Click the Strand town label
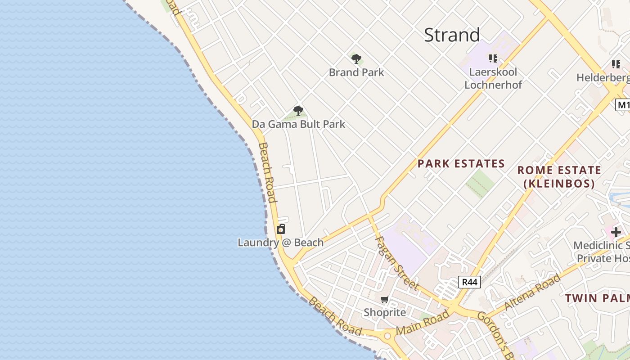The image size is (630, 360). coord(452,35)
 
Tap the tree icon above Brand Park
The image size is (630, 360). coord(356,58)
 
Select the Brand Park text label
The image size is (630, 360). coord(356,72)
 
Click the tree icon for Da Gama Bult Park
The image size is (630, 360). coord(298,111)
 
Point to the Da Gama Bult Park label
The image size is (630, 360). coord(298,124)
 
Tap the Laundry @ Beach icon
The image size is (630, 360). coord(281,229)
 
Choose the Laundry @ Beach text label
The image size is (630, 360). coord(280,243)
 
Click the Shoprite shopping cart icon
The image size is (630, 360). coord(384,300)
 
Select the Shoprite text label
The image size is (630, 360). coord(385,312)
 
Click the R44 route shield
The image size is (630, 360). coord(469,282)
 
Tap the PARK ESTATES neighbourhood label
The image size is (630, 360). coord(461,164)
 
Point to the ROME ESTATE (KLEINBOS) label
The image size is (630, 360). coord(559,177)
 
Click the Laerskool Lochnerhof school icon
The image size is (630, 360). coord(493,58)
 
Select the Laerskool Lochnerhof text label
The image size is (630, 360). coord(493,78)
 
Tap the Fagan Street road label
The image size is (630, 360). coord(397,263)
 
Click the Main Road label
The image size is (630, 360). coord(423,323)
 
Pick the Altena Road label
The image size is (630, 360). coord(533,292)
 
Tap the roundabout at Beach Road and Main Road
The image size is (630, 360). coord(387,336)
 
